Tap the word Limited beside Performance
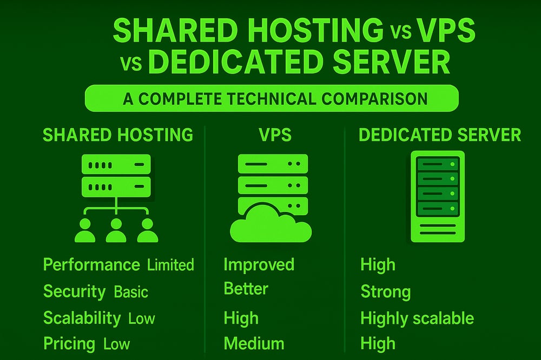point(170,265)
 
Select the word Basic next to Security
point(131,292)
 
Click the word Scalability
point(82,318)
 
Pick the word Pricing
point(69,344)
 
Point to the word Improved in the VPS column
point(259,265)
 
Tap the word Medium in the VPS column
point(254,344)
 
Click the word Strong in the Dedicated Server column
point(386,292)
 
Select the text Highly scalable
point(417,318)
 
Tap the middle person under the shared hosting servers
point(116,231)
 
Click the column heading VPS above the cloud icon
point(274,135)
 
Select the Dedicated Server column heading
point(440,135)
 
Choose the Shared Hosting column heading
point(118,135)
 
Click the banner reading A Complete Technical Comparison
point(272,99)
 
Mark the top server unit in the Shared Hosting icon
point(116,164)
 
